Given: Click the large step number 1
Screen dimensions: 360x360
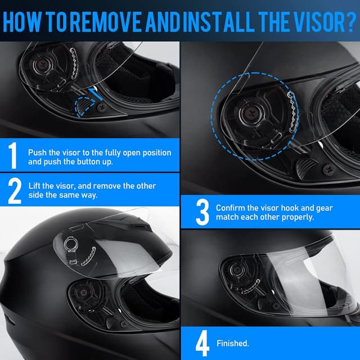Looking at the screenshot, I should (13, 156).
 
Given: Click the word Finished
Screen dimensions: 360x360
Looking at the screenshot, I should (233, 343).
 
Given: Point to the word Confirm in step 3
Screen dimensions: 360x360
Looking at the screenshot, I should (231, 208).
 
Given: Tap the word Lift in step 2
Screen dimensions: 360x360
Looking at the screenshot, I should (35, 186).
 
